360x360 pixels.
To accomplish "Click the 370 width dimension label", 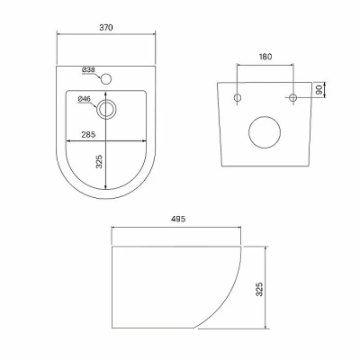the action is tap(106, 27).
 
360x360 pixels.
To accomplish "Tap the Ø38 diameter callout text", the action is tap(88, 70).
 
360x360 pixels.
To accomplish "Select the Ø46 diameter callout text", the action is tap(85, 99).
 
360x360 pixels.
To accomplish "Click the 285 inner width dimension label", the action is tap(88, 135).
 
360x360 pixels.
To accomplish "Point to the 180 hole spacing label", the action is tap(265, 57).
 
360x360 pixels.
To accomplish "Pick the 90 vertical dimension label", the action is tap(319, 89).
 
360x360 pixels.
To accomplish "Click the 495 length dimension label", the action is tap(178, 220).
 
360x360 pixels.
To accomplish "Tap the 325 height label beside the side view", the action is tap(260, 289).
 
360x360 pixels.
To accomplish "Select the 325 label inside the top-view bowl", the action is tap(100, 161).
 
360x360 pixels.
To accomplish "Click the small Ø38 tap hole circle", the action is tap(106, 79).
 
